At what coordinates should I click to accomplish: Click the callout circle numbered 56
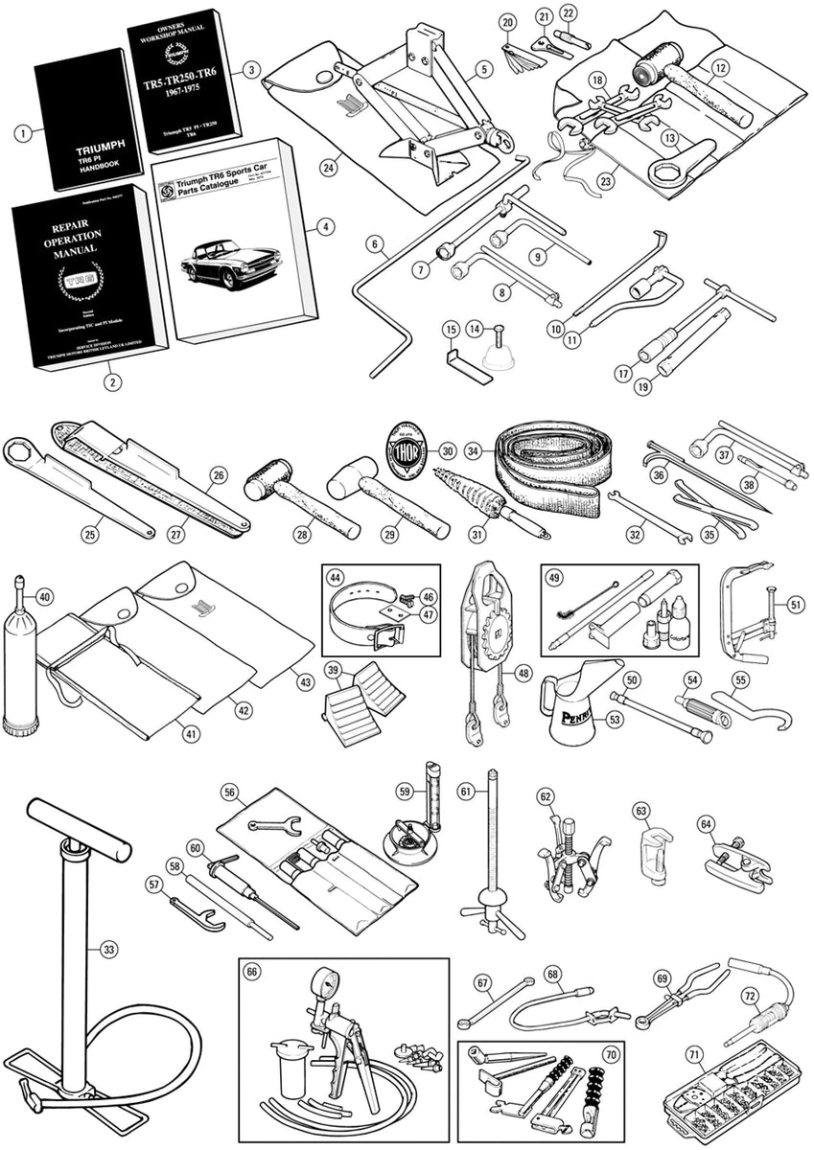coord(229,792)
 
